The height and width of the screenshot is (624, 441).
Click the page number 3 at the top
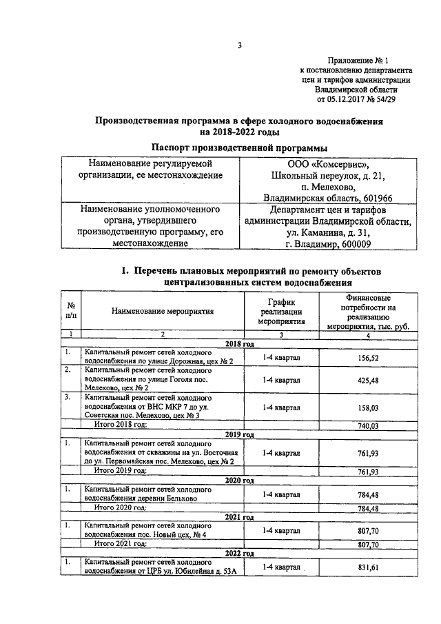[x=239, y=46]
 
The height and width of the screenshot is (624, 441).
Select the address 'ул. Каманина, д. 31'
[x=327, y=232]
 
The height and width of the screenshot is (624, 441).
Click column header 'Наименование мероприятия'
[x=163, y=311]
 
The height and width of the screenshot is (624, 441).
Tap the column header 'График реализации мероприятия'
[x=281, y=312]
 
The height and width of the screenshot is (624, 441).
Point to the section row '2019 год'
[x=239, y=435]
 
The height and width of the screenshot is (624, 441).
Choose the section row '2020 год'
[x=239, y=480]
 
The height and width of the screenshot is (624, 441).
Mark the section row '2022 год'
[x=239, y=553]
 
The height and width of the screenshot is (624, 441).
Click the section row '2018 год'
[x=239, y=343]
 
